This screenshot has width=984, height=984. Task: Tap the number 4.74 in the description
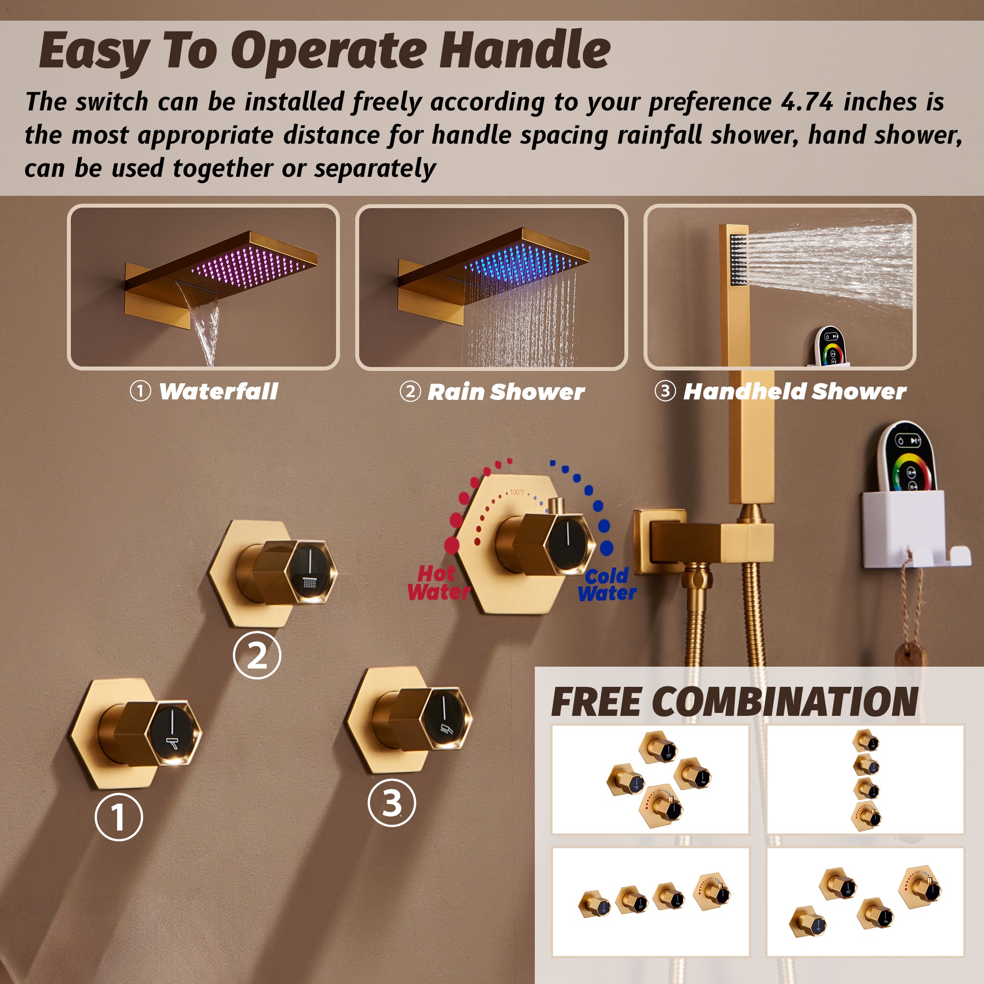[806, 101]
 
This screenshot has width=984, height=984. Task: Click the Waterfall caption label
[218, 391]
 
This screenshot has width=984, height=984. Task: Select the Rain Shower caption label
[506, 392]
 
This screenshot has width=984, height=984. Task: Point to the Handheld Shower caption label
[795, 391]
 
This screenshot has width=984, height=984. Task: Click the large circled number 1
[119, 816]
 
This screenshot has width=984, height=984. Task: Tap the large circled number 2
[257, 655]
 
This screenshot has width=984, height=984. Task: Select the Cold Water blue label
[607, 584]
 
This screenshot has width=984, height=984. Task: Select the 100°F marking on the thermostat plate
[517, 492]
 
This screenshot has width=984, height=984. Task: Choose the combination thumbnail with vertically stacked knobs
[865, 779]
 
